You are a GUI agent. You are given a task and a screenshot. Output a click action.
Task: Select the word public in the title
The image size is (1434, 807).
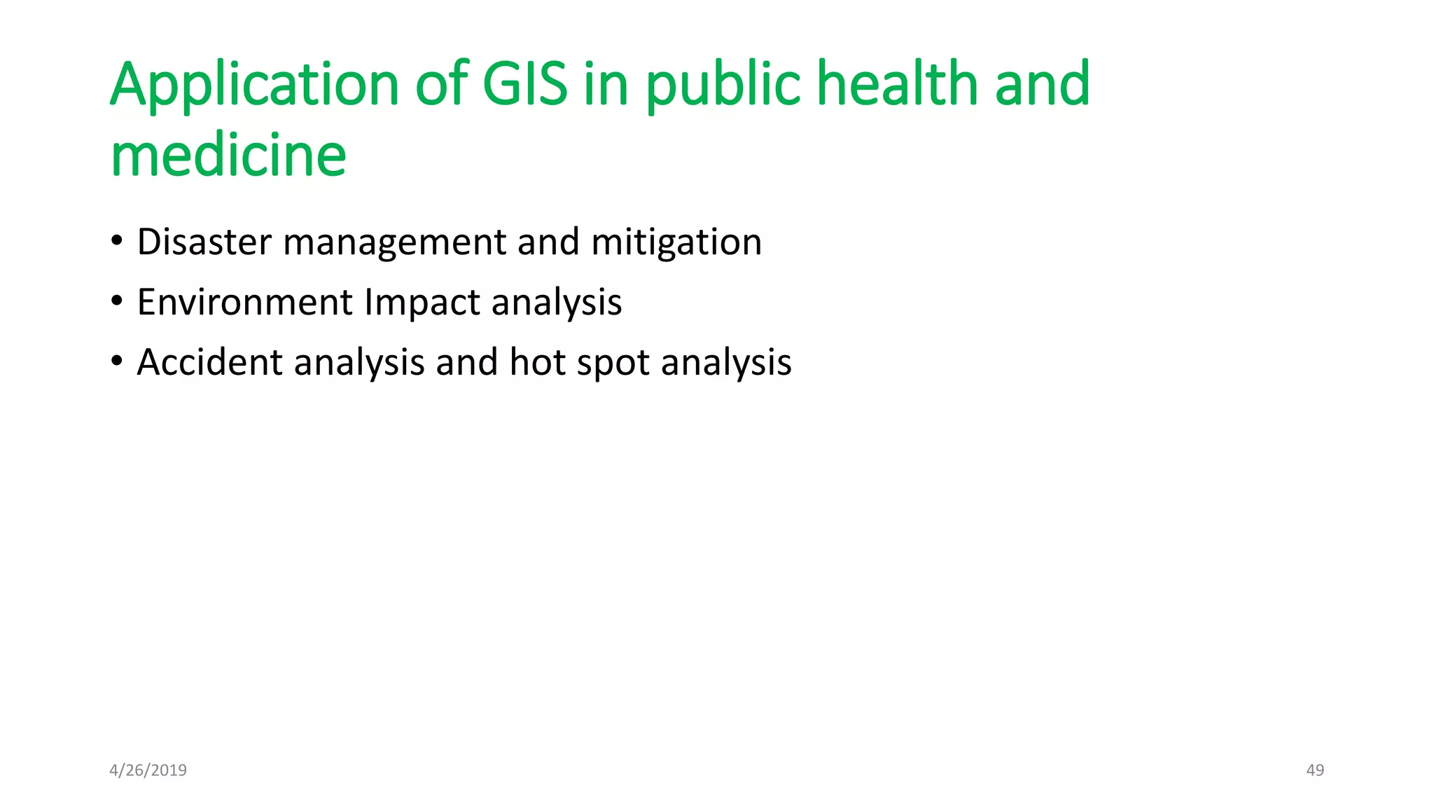(723, 85)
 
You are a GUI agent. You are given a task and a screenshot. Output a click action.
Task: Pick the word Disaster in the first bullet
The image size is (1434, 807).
(204, 242)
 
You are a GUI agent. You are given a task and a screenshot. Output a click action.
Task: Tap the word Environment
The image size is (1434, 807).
(245, 303)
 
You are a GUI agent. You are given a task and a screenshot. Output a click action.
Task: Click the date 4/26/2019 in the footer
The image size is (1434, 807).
(148, 771)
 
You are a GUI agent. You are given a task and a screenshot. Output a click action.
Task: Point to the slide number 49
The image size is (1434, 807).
(1315, 771)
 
